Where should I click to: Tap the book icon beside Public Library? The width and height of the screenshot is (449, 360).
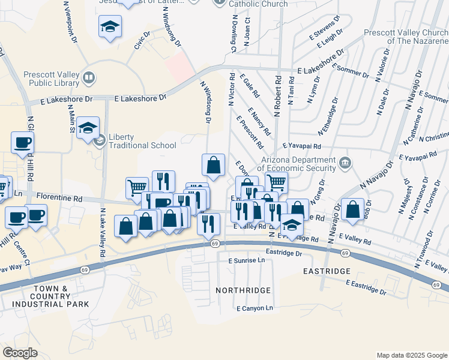coord(89,77)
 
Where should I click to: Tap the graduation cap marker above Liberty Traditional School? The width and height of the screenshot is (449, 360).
coord(88,127)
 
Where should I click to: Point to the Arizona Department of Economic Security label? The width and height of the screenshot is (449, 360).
coord(298,164)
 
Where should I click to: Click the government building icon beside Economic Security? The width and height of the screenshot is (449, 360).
coord(345,161)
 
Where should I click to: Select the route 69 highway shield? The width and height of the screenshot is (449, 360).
coord(214,244)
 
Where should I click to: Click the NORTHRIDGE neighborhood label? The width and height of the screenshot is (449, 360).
coord(243,290)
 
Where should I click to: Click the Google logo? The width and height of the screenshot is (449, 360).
coord(20,353)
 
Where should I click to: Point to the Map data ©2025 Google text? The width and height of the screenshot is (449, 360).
coord(411,355)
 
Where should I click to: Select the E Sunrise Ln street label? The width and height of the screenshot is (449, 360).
coord(246,261)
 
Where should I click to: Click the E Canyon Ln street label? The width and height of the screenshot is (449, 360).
coord(255,308)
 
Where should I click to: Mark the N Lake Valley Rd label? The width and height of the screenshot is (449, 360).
coord(103,233)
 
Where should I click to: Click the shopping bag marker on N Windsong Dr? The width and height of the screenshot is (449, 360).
coord(213,164)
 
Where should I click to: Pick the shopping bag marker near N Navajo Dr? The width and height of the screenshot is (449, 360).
coord(354,209)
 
